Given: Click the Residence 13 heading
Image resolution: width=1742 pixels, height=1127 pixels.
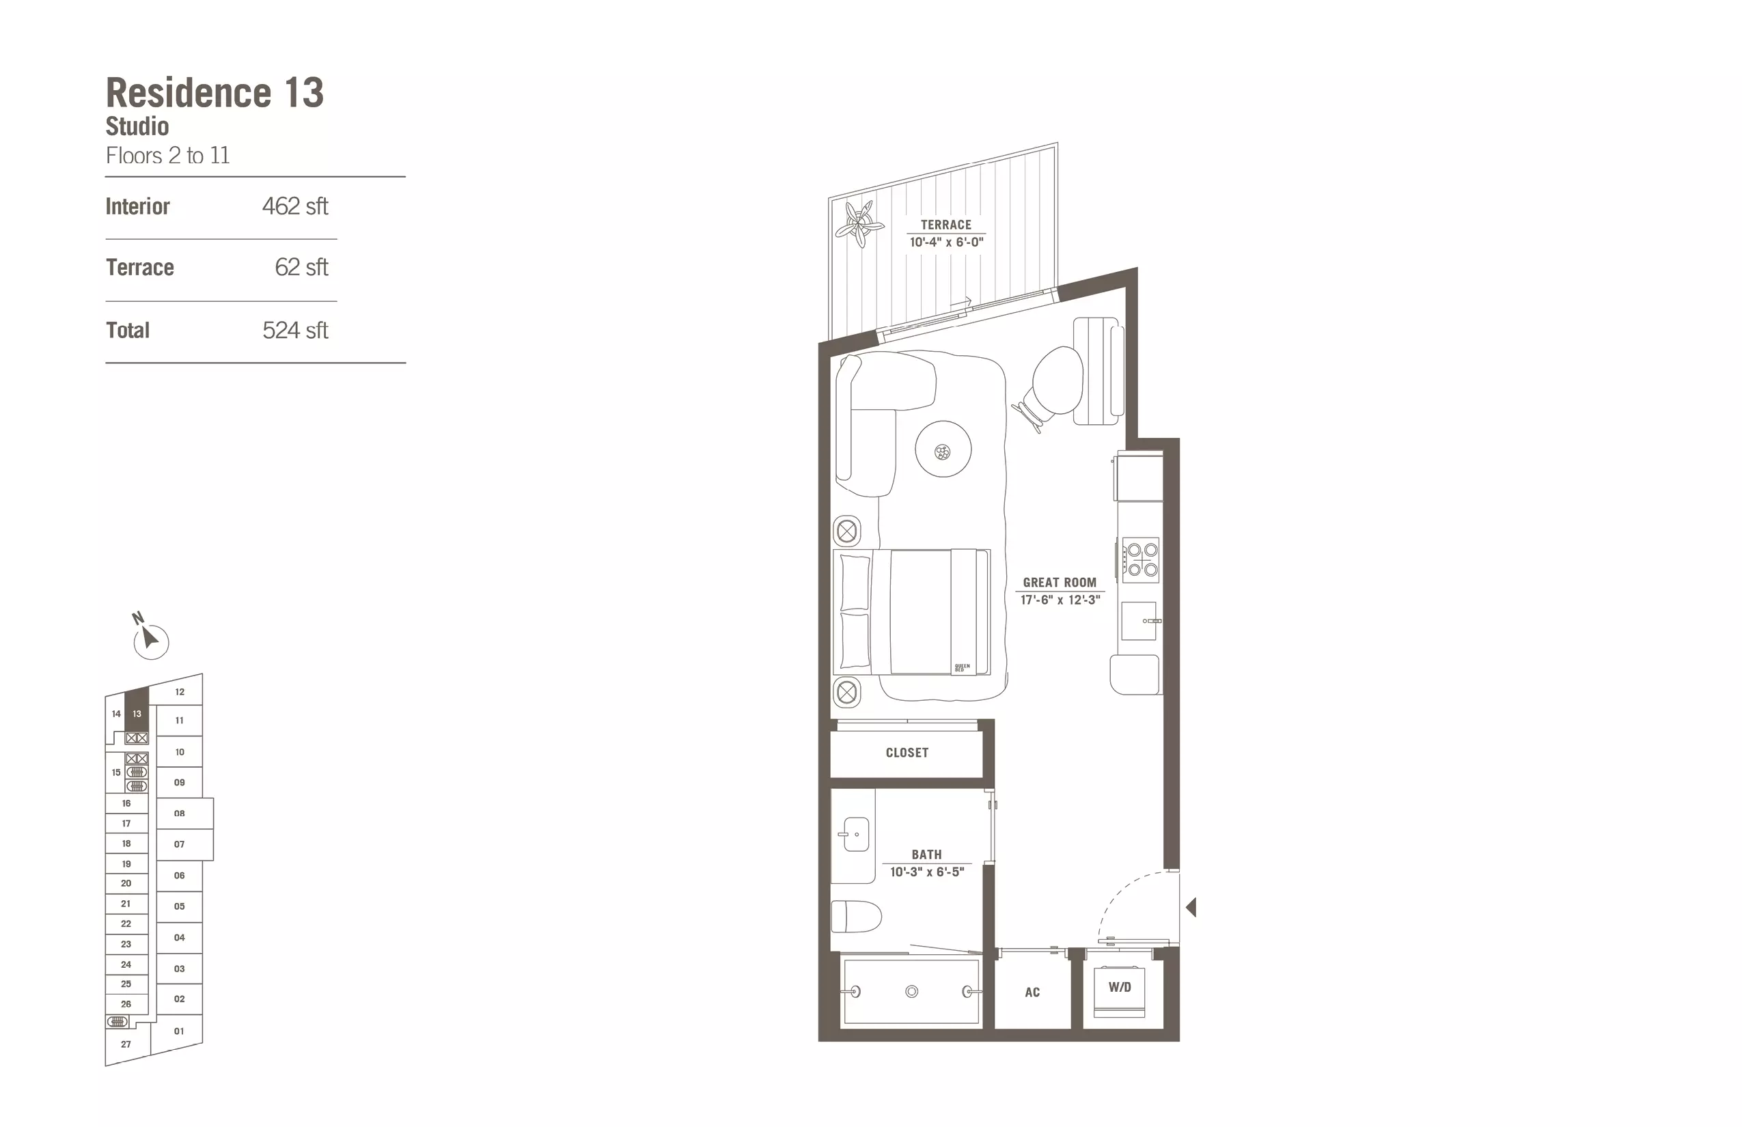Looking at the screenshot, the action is (x=215, y=93).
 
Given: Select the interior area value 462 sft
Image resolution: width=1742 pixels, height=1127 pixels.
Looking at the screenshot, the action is (x=295, y=206).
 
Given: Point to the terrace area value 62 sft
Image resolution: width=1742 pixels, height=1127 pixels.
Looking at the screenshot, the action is (x=301, y=267).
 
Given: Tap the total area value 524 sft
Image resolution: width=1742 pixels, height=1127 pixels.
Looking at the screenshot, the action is (x=295, y=330).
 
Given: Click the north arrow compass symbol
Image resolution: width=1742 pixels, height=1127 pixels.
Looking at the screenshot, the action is (x=150, y=638).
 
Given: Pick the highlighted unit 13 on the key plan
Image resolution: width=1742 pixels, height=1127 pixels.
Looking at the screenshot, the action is (x=137, y=709).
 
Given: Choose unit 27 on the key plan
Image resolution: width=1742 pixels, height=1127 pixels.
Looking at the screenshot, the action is (x=126, y=1044).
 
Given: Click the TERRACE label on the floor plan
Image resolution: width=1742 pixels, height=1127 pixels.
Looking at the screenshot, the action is (x=945, y=225).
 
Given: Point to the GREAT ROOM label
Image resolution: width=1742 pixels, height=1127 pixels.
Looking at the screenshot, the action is (x=1059, y=583).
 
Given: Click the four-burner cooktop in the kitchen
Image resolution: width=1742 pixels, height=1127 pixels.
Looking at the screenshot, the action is (x=1141, y=560).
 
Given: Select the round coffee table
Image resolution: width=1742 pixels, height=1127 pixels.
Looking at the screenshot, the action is (x=943, y=449).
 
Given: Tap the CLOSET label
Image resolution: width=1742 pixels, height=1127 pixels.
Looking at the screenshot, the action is (x=907, y=752).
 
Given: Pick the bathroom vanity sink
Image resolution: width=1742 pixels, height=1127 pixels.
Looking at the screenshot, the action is (x=855, y=834).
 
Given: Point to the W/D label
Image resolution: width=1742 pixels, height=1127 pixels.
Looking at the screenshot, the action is (x=1120, y=987).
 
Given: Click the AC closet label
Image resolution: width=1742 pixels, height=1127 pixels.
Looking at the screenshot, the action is (x=1032, y=992).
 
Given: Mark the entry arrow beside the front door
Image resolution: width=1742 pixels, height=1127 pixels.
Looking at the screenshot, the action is (x=1191, y=908).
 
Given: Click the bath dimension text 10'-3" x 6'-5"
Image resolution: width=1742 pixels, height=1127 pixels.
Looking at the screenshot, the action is (x=926, y=872).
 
